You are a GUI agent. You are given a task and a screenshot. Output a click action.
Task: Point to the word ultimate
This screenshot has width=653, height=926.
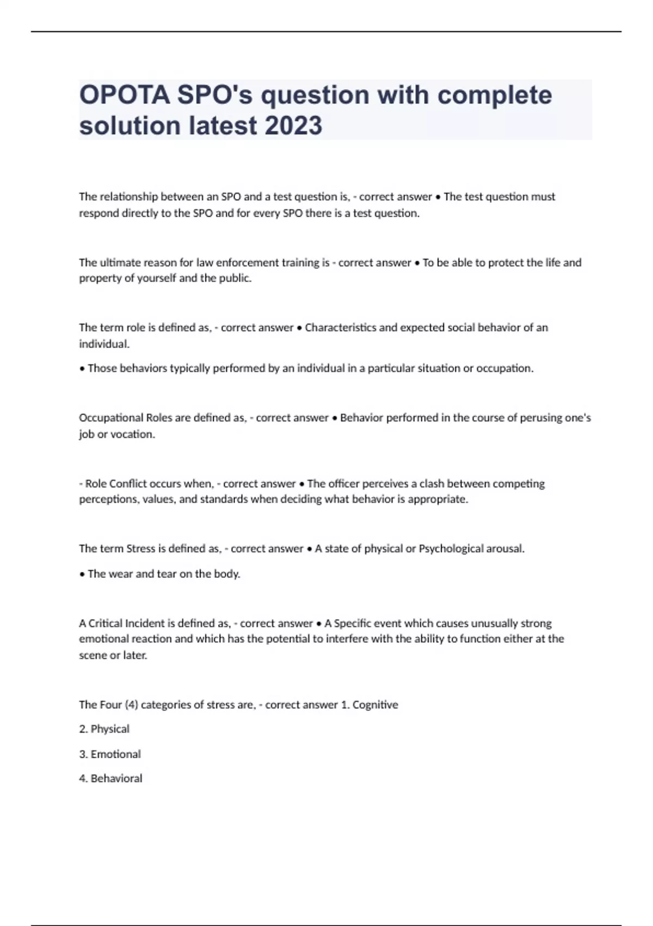(x=118, y=263)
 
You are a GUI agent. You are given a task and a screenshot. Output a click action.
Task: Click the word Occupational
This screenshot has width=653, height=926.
(x=111, y=418)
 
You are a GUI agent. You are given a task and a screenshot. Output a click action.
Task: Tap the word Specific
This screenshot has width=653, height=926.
(x=353, y=623)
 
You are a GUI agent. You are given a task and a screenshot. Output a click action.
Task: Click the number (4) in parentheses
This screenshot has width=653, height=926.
(x=131, y=705)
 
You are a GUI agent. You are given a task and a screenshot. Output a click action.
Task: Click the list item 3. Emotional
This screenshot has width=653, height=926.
(x=110, y=754)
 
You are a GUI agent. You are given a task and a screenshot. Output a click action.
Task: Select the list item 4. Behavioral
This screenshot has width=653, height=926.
(x=110, y=778)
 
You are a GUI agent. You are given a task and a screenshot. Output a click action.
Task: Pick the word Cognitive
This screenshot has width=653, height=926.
(x=375, y=705)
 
